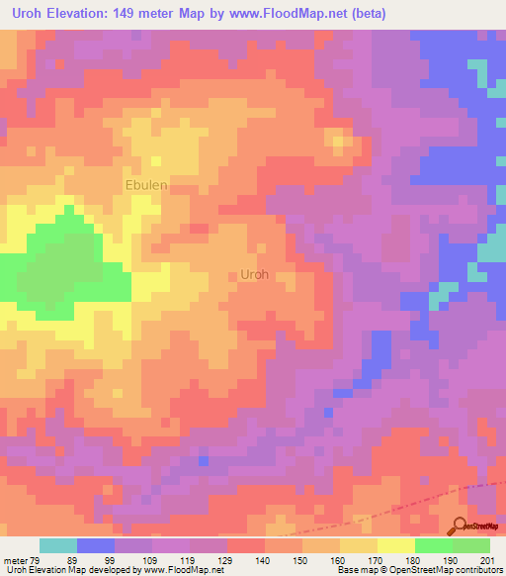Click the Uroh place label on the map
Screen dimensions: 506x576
pos(254,275)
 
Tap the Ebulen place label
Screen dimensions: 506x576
pos(145,184)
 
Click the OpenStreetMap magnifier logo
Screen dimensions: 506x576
pos(460,526)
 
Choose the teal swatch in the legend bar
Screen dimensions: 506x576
pos(58,545)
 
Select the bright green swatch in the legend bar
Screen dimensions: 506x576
pos(434,545)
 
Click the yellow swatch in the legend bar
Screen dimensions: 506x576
pos(396,545)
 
